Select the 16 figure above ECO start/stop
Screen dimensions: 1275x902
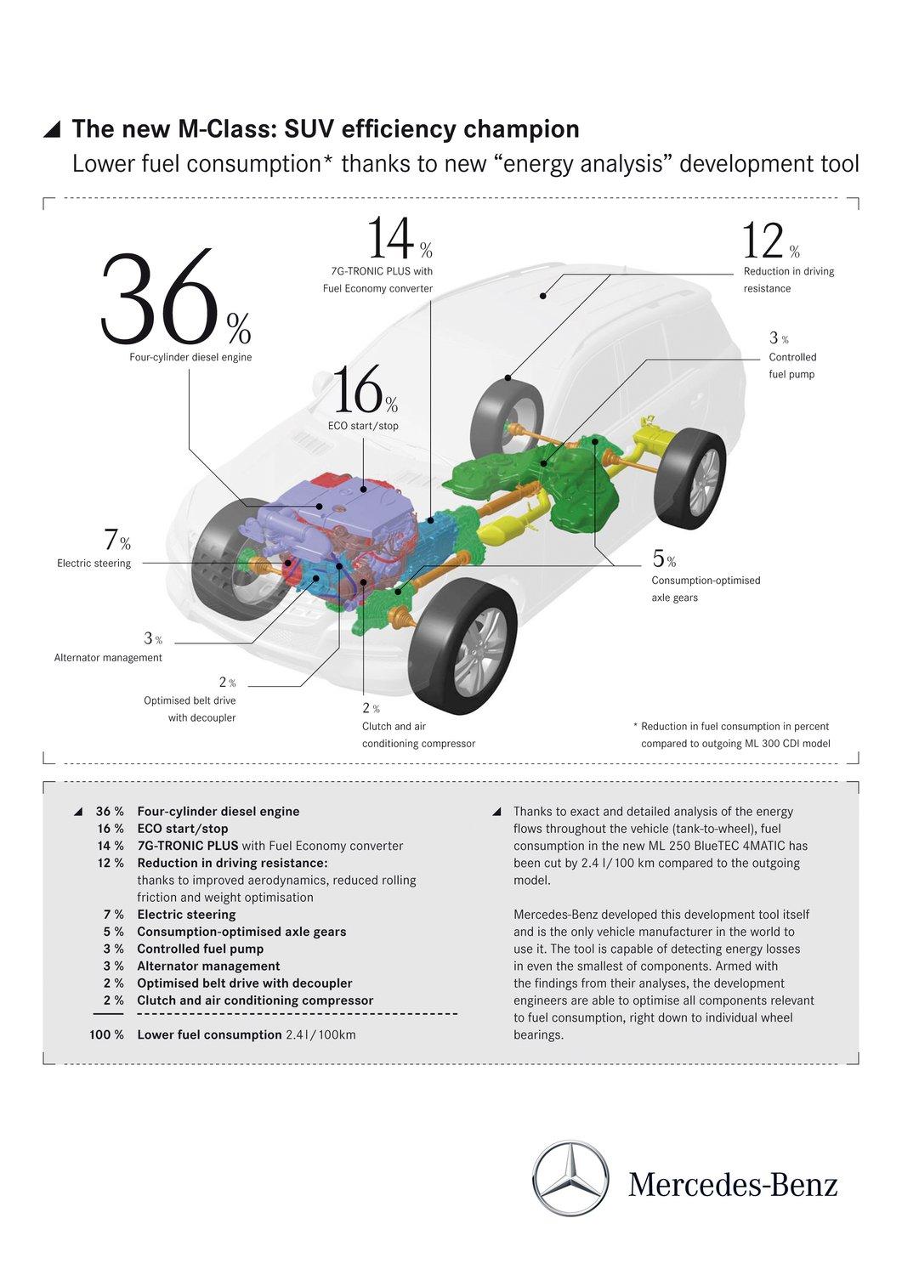click(x=356, y=391)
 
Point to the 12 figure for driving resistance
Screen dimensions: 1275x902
click(x=763, y=241)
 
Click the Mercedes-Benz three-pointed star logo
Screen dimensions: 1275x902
click(x=570, y=1179)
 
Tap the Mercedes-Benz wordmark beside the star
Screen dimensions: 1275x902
click(x=733, y=1184)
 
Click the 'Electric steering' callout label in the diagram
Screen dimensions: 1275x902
click(x=94, y=563)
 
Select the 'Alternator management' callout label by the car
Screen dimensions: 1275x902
click(x=108, y=657)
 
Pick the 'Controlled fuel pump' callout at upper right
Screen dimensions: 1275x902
click(x=791, y=365)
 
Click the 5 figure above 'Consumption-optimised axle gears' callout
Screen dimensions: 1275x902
click(x=659, y=558)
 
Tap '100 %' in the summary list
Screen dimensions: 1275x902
click(x=106, y=1034)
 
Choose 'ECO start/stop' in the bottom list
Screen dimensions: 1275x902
click(x=182, y=828)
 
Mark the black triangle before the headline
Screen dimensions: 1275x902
click(x=53, y=129)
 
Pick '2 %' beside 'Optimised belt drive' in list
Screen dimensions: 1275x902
click(x=113, y=983)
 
